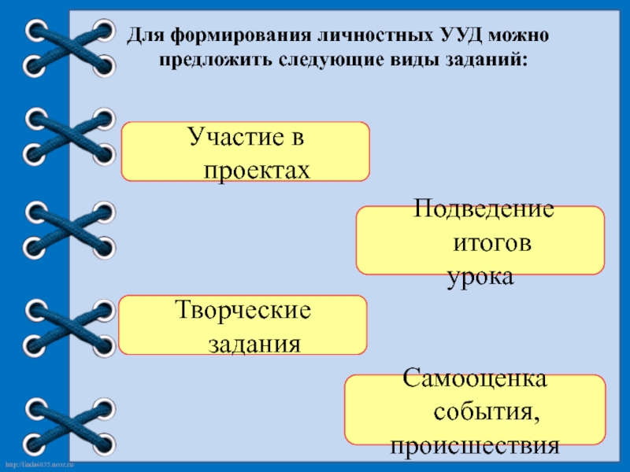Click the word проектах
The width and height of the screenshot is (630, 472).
[x=258, y=169]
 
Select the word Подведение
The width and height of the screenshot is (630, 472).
[x=484, y=210]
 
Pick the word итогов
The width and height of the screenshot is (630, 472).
[x=491, y=243]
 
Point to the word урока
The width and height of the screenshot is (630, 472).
[x=480, y=276]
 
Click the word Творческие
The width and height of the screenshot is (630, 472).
[x=243, y=311]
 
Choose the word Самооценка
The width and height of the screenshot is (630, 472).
[x=475, y=379]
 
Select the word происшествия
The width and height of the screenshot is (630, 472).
[x=475, y=446]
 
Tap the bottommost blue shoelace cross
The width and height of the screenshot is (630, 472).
[x=69, y=422]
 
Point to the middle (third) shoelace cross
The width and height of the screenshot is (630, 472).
[x=69, y=228]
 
